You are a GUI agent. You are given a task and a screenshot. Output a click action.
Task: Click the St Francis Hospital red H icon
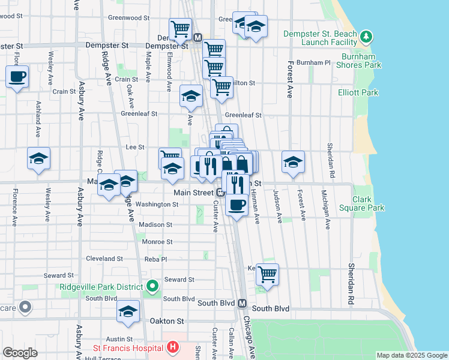(173, 347)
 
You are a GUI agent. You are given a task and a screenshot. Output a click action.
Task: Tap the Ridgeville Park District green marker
(152, 286)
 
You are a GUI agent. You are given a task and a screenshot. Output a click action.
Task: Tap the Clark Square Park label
(368, 203)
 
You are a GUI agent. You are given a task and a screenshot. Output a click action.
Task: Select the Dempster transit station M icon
(197, 38)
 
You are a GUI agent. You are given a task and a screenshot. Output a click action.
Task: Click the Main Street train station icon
(221, 193)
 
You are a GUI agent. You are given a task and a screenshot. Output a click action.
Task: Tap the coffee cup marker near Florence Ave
(17, 76)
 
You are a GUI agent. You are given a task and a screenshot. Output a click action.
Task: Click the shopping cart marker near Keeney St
(267, 274)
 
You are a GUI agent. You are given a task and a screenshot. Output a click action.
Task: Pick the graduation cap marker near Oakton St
(128, 311)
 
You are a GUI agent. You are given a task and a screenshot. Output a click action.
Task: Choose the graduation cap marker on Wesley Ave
(39, 158)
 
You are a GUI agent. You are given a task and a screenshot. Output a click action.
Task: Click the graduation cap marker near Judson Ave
(293, 161)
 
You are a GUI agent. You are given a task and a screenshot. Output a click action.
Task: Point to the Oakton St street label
(167, 322)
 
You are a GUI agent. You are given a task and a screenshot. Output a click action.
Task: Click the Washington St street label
(157, 204)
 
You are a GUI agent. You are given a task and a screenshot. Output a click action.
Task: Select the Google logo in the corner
(20, 353)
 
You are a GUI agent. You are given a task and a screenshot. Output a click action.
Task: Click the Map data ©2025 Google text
(412, 355)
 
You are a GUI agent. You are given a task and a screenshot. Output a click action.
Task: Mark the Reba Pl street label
(155, 259)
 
